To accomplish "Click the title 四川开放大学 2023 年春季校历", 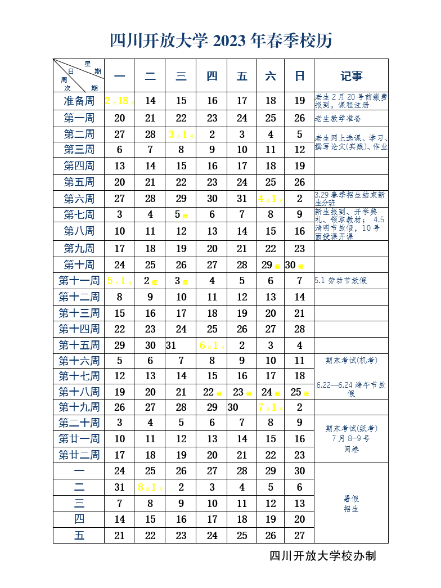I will pyautogui.click(x=220, y=41).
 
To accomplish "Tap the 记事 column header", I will pyautogui.click(x=352, y=76).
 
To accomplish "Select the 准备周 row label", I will pyautogui.click(x=79, y=101).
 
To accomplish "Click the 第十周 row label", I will pyautogui.click(x=79, y=265).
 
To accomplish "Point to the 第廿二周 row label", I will pyautogui.click(x=79, y=455).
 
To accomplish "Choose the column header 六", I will pyautogui.click(x=271, y=76).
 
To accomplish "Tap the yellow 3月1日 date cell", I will pyautogui.click(x=181, y=134).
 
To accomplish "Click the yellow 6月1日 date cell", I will pyautogui.click(x=212, y=345).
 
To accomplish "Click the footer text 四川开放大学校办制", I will pyautogui.click(x=323, y=556).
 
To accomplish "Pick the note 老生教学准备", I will pyautogui.click(x=338, y=119).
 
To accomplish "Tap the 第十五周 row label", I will pyautogui.click(x=79, y=345).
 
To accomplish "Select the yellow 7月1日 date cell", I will pyautogui.click(x=271, y=407).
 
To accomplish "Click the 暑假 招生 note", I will pyautogui.click(x=351, y=504).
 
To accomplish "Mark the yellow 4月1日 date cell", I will pyautogui.click(x=271, y=199).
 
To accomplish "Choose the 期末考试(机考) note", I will pyautogui.click(x=351, y=361).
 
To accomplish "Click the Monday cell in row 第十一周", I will pyautogui.click(x=119, y=281).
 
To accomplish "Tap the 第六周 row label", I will pyautogui.click(x=79, y=199).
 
